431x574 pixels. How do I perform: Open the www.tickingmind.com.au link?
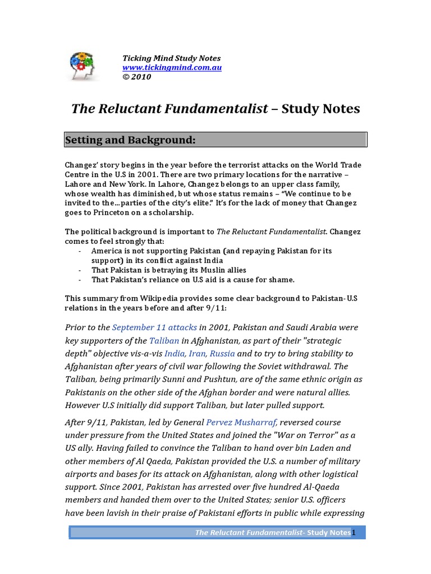click(x=172, y=68)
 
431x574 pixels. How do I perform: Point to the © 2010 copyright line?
click(x=137, y=77)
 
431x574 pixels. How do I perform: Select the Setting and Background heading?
click(x=130, y=140)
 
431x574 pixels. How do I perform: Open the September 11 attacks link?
click(x=154, y=327)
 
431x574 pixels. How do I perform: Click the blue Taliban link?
click(x=164, y=341)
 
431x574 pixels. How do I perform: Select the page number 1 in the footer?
click(x=354, y=533)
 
